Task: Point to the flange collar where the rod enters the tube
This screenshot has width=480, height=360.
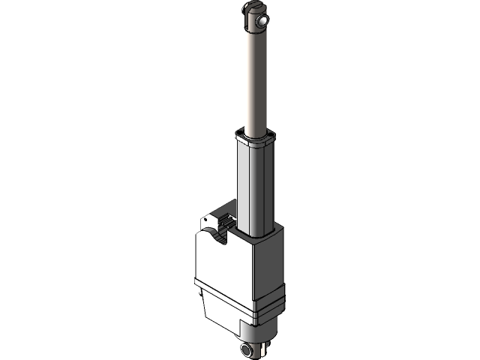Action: [x=255, y=139]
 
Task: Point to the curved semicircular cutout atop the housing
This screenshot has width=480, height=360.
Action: [x=219, y=238]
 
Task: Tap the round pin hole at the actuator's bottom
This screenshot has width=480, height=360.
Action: [x=247, y=350]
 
